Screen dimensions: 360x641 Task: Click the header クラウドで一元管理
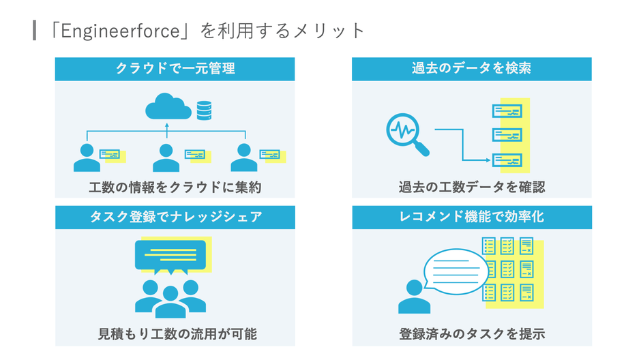pyautogui.click(x=175, y=69)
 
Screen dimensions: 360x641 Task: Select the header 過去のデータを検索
pyautogui.click(x=471, y=69)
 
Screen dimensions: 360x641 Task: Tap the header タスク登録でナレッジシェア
pyautogui.click(x=175, y=217)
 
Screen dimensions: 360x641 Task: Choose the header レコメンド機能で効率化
pyautogui.click(x=471, y=217)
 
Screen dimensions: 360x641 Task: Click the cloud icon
pyautogui.click(x=168, y=107)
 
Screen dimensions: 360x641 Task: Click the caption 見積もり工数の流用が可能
pyautogui.click(x=175, y=334)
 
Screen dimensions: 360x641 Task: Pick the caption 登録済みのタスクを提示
pyautogui.click(x=471, y=334)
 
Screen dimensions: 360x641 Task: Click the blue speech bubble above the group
pyautogui.click(x=170, y=257)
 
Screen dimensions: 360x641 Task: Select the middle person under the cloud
pyautogui.click(x=166, y=158)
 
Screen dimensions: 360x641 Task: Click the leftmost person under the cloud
pyautogui.click(x=87, y=158)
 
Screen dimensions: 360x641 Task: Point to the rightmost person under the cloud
pyautogui.click(x=244, y=158)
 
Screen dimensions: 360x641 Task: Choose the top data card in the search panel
pyautogui.click(x=507, y=110)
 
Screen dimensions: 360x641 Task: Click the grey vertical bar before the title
pyautogui.click(x=34, y=31)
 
